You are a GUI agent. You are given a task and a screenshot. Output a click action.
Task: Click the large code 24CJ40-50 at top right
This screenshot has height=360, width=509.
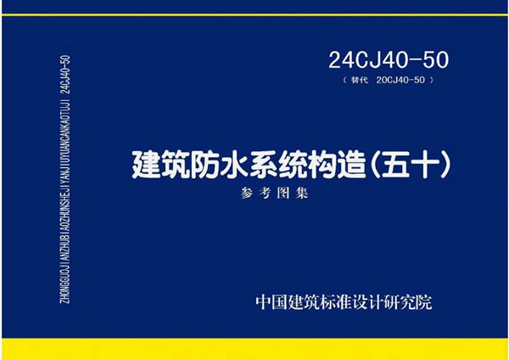pyautogui.click(x=387, y=60)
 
